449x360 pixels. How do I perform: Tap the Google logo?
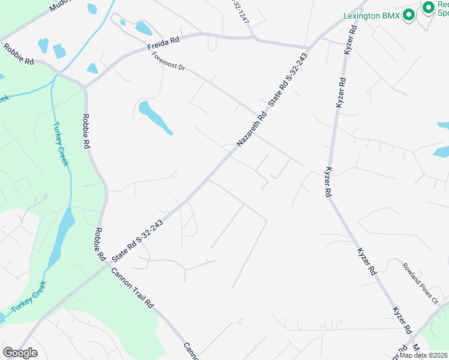tap(20, 353)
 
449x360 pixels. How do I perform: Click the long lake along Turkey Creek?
tap(61, 238)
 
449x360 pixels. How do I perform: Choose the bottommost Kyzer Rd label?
tap(402, 321)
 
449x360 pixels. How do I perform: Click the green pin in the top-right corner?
tap(429, 7)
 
